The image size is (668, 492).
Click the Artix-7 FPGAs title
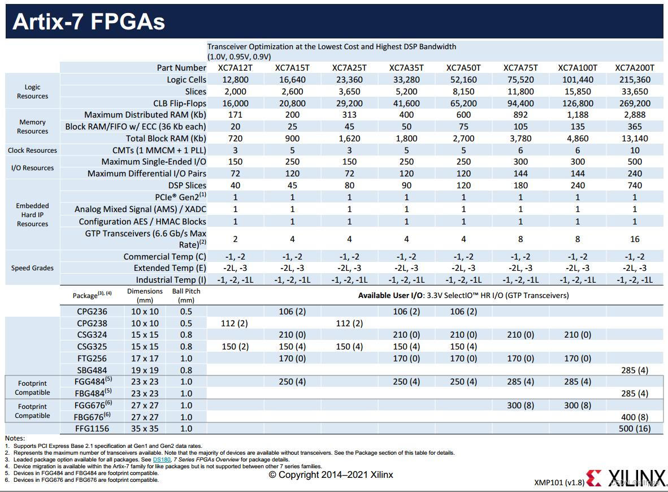coord(89,21)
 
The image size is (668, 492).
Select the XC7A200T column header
coord(634,68)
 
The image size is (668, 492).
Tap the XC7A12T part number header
coord(235,68)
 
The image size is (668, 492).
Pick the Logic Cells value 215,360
coord(634,80)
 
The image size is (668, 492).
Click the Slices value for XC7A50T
coord(463,92)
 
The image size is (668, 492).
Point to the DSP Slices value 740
coord(634,185)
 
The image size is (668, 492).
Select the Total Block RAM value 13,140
coord(634,139)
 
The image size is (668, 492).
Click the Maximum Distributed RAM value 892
coord(520,115)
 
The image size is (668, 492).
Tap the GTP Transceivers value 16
coord(634,239)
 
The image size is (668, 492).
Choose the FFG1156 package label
coord(92,429)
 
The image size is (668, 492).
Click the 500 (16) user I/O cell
coord(634,429)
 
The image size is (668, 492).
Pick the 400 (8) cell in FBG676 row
coord(634,417)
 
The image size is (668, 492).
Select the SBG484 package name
coord(92,370)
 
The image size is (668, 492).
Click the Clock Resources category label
coord(32,150)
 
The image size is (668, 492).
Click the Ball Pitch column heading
coord(186,295)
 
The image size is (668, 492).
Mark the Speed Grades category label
coord(32,268)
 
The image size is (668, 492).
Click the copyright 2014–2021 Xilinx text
coord(331,475)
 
